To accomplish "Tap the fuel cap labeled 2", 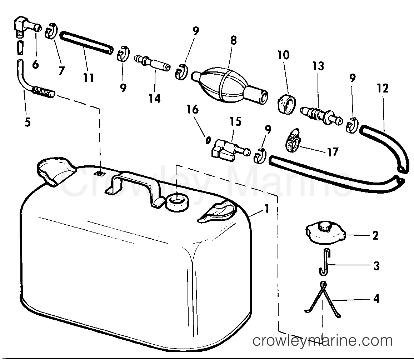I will point(325,234).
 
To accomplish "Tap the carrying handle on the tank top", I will point(136,186).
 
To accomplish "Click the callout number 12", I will point(382,89).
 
